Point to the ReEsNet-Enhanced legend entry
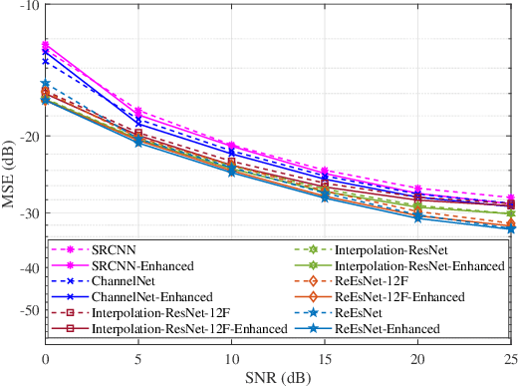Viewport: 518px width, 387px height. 387,328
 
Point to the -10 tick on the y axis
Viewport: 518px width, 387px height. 28,6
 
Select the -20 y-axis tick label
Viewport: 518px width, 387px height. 28,137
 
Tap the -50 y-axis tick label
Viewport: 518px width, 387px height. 28,310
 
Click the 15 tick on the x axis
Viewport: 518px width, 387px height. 325,359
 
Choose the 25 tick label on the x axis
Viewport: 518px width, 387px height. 509,359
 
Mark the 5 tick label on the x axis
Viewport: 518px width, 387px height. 138,359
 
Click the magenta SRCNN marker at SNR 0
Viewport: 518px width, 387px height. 46,44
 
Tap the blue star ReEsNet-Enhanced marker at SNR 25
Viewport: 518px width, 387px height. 511,229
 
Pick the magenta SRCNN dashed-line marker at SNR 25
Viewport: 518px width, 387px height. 511,197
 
